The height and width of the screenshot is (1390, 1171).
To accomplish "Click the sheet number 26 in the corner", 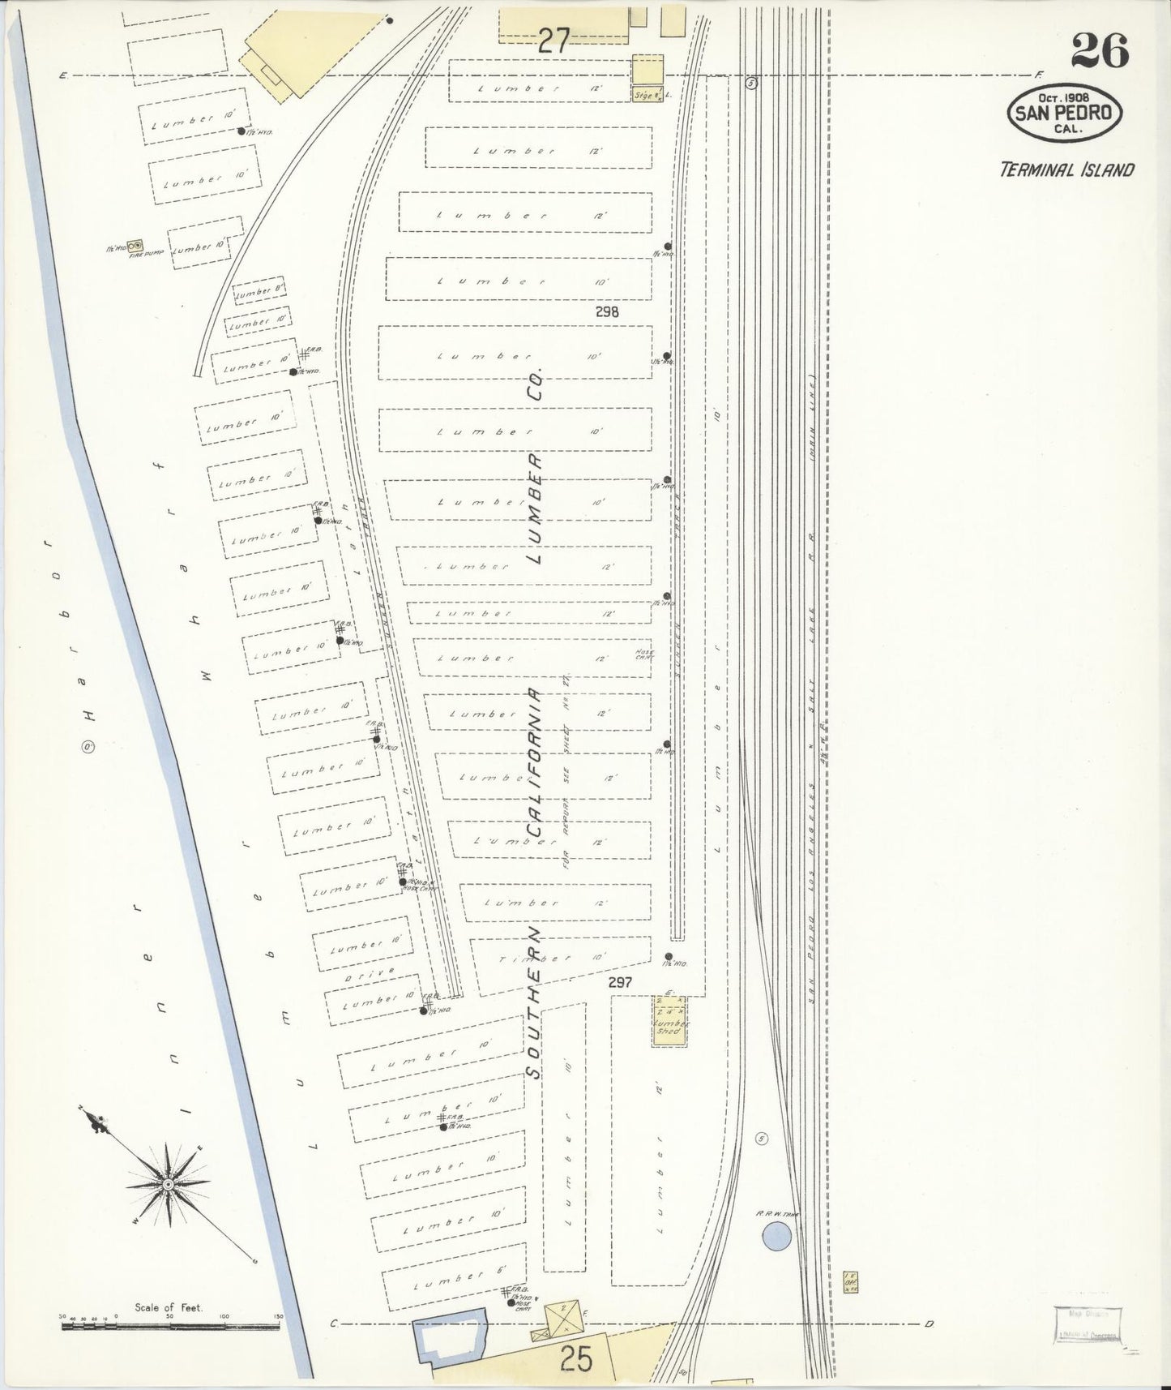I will pyautogui.click(x=1100, y=51).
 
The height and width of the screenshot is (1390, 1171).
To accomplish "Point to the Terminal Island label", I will pyautogui.click(x=1066, y=169).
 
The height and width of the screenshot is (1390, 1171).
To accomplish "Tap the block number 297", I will pyautogui.click(x=620, y=982).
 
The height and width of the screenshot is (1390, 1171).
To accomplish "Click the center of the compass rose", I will pyautogui.click(x=167, y=1185).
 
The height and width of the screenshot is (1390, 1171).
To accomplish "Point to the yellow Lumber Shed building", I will pyautogui.click(x=670, y=1020).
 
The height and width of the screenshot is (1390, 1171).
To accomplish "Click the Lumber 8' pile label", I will pyautogui.click(x=258, y=294).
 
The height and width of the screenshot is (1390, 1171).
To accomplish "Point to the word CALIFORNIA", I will pyautogui.click(x=534, y=762).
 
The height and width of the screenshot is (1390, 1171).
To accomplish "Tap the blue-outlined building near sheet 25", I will pyautogui.click(x=448, y=1343).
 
